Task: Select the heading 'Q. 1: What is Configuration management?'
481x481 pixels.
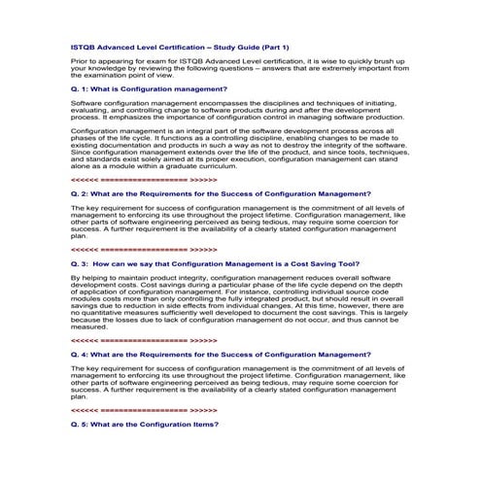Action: pyautogui.click(x=142, y=88)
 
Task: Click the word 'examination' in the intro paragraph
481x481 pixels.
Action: pyautogui.click(x=108, y=73)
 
